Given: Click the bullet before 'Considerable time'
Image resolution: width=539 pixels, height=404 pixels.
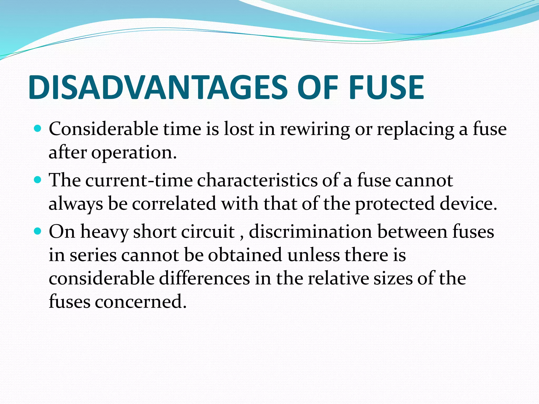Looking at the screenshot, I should click(38, 129).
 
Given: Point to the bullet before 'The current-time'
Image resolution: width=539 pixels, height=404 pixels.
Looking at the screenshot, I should click(38, 180).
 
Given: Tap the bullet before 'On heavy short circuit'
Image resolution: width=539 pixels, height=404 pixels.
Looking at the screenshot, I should click(38, 231).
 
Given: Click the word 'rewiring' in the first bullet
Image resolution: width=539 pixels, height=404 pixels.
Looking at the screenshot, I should click(315, 129).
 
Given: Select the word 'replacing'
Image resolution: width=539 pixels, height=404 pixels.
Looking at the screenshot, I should click(415, 129).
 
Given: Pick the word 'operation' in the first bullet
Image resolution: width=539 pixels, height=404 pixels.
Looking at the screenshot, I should click(132, 153).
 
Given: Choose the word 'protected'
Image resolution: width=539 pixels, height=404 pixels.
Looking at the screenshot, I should click(395, 204).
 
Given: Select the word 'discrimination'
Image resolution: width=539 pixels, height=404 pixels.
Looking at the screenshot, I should click(311, 232).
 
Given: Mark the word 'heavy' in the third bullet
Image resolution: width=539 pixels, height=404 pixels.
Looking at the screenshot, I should click(104, 232).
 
